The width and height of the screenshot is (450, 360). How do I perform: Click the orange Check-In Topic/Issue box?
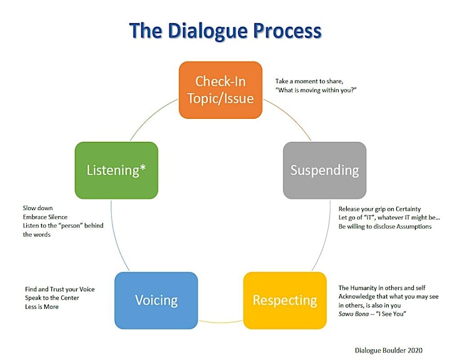[221, 90]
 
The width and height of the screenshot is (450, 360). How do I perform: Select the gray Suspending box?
[324, 170]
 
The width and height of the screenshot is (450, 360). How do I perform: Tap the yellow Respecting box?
[285, 300]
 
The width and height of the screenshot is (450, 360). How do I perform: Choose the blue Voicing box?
[156, 300]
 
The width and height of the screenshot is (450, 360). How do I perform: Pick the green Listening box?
[116, 170]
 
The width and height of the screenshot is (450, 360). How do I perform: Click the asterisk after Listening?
[142, 167]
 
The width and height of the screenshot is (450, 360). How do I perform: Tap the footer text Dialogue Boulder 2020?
[389, 350]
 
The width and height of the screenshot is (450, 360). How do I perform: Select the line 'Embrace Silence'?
[45, 217]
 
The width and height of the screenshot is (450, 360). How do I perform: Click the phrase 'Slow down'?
[37, 208]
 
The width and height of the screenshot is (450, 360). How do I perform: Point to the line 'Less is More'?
[42, 307]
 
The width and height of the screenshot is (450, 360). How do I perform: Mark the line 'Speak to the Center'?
[52, 297]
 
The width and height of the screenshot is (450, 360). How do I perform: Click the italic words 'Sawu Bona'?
[354, 314]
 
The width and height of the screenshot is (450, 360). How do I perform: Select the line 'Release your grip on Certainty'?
[379, 209]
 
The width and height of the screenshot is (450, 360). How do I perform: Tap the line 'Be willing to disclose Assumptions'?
[385, 226]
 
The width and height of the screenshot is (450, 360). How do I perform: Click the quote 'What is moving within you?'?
[316, 90]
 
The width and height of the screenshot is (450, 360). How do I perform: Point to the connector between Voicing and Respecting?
[221, 322]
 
